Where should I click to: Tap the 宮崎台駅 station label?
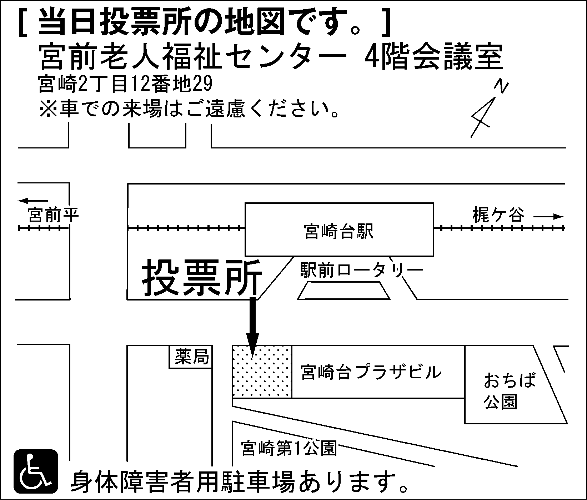pyautogui.click(x=338, y=231)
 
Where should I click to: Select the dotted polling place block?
pyautogui.click(x=262, y=372)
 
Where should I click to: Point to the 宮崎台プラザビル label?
pyautogui.click(x=371, y=372)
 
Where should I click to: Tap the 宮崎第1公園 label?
pyautogui.click(x=289, y=448)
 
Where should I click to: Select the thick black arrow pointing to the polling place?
pyautogui.click(x=253, y=326)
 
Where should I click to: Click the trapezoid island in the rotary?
pyautogui.click(x=344, y=291)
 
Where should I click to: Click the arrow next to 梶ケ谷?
pyautogui.click(x=549, y=216)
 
